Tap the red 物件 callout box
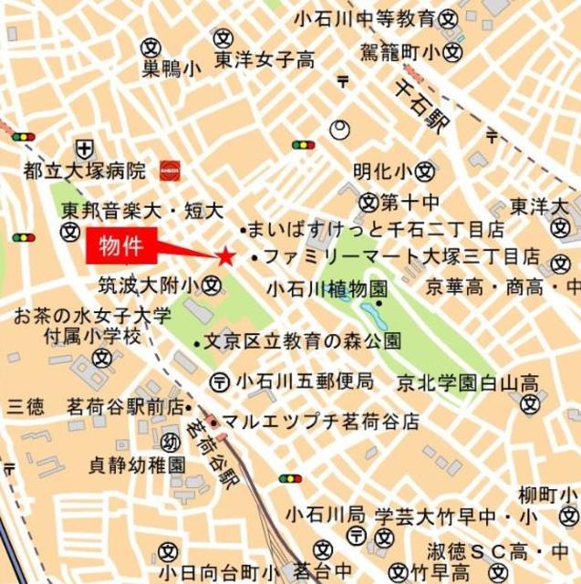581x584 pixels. pyautogui.click(x=122, y=246)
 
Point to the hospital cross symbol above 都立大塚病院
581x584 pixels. pyautogui.click(x=85, y=147)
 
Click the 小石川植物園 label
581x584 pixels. pyautogui.click(x=327, y=288)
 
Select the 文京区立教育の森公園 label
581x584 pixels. pyautogui.click(x=302, y=343)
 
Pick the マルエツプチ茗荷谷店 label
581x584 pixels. pyautogui.click(x=320, y=422)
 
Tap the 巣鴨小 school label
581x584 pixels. pyautogui.click(x=171, y=68)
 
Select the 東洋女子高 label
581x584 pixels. pyautogui.click(x=265, y=61)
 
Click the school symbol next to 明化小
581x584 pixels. pyautogui.click(x=426, y=171)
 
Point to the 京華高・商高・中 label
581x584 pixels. pyautogui.click(x=502, y=287)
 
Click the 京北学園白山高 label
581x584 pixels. pyautogui.click(x=466, y=379)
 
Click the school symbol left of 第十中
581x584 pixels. pyautogui.click(x=368, y=201)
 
